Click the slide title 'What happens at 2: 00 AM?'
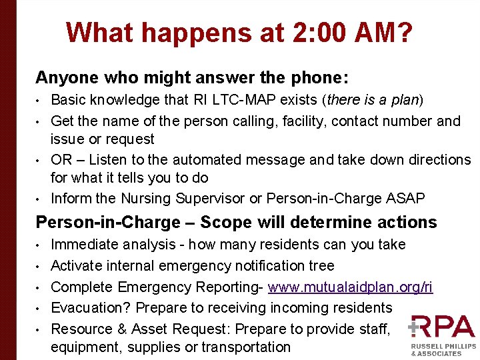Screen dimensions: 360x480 click(239, 33)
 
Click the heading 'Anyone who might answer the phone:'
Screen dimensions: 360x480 click(191, 77)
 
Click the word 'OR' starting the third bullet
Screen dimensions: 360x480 click(61, 160)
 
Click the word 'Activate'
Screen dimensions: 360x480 click(76, 266)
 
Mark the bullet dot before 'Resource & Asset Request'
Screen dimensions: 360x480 click(39, 329)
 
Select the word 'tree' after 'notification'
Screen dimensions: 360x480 click(321, 266)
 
